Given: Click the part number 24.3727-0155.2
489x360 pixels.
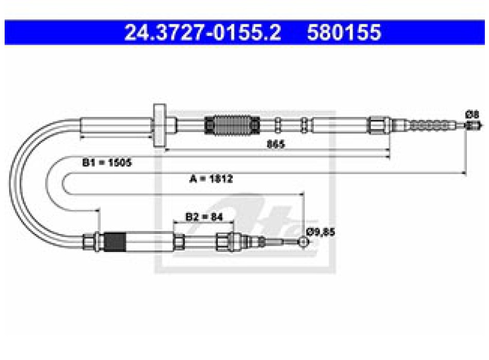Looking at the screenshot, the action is point(203,32).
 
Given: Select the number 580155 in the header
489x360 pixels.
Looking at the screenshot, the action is point(344,32).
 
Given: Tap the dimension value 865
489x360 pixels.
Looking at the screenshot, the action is point(276,144).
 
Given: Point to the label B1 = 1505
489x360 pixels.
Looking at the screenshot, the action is point(107,163).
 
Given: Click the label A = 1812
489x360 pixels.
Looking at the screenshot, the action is point(211,178).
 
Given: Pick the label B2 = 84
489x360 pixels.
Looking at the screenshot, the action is point(204,217).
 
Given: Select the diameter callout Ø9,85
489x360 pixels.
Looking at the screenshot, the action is point(321,232).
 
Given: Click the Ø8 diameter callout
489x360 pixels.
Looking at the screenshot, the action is point(472,115).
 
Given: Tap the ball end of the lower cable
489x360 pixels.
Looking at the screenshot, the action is point(304,242).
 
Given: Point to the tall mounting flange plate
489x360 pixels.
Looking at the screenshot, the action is point(160,125).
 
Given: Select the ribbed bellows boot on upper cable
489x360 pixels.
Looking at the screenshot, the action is point(232,125).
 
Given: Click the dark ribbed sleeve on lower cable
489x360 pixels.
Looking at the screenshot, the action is point(115,242).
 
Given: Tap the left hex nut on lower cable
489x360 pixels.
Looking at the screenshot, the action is point(89,242).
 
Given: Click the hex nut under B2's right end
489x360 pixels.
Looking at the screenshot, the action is point(224,242).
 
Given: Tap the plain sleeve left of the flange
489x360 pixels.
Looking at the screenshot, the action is point(116,125).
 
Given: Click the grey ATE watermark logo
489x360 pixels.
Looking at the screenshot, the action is point(245,192).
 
